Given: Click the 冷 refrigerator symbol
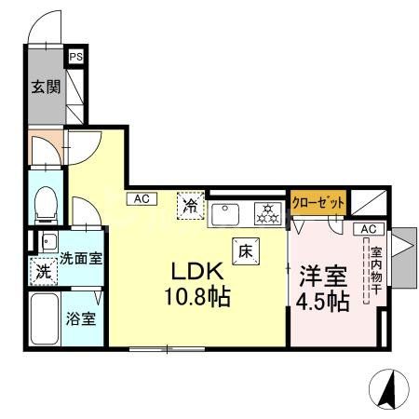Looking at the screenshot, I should [190, 204].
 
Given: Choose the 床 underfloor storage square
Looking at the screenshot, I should [246, 249].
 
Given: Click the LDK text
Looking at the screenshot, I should [195, 272].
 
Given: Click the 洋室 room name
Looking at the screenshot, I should [322, 277].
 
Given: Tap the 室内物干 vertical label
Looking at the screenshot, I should [375, 265].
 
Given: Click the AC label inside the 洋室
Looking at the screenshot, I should [368, 228].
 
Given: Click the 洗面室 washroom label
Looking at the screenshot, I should [81, 258].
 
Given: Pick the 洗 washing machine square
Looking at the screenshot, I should [43, 273].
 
